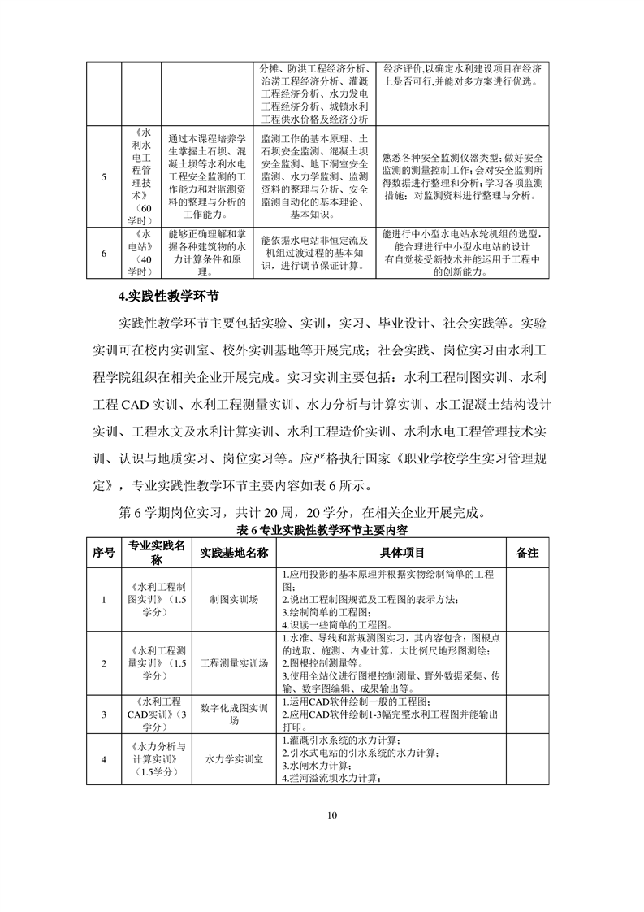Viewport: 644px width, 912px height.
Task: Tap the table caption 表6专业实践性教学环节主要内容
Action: point(322,529)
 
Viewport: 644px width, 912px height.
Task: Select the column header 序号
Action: point(104,552)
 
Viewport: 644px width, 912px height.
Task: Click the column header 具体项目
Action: point(391,552)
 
